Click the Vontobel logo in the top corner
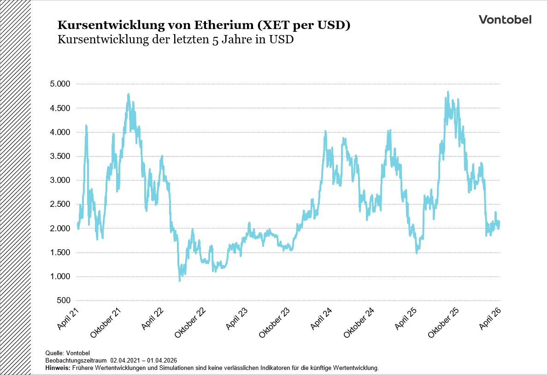505,19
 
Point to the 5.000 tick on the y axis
60,84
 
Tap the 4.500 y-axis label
60,108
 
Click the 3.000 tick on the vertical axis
60,180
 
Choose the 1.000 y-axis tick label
60,276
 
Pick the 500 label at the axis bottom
63,300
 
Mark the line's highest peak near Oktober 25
447,92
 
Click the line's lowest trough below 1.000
179,280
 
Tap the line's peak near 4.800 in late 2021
128,94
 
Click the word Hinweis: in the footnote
58,368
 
